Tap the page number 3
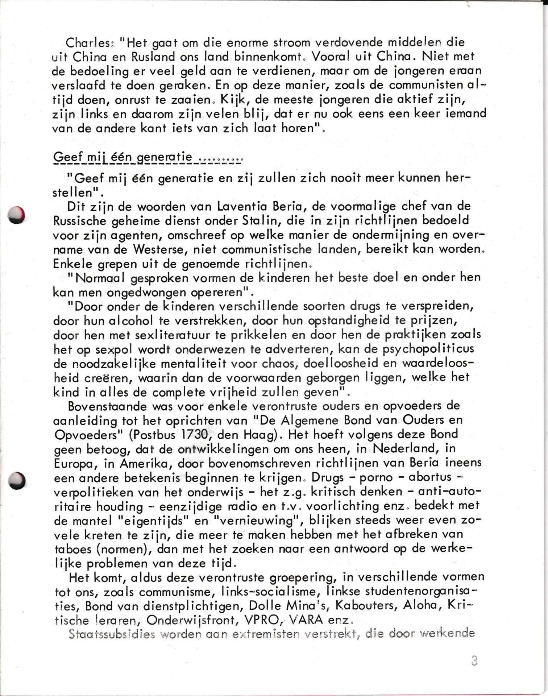click(x=474, y=660)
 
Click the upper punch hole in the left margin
click(x=17, y=214)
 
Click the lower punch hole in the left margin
click(x=17, y=481)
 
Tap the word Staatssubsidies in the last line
click(x=105, y=634)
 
